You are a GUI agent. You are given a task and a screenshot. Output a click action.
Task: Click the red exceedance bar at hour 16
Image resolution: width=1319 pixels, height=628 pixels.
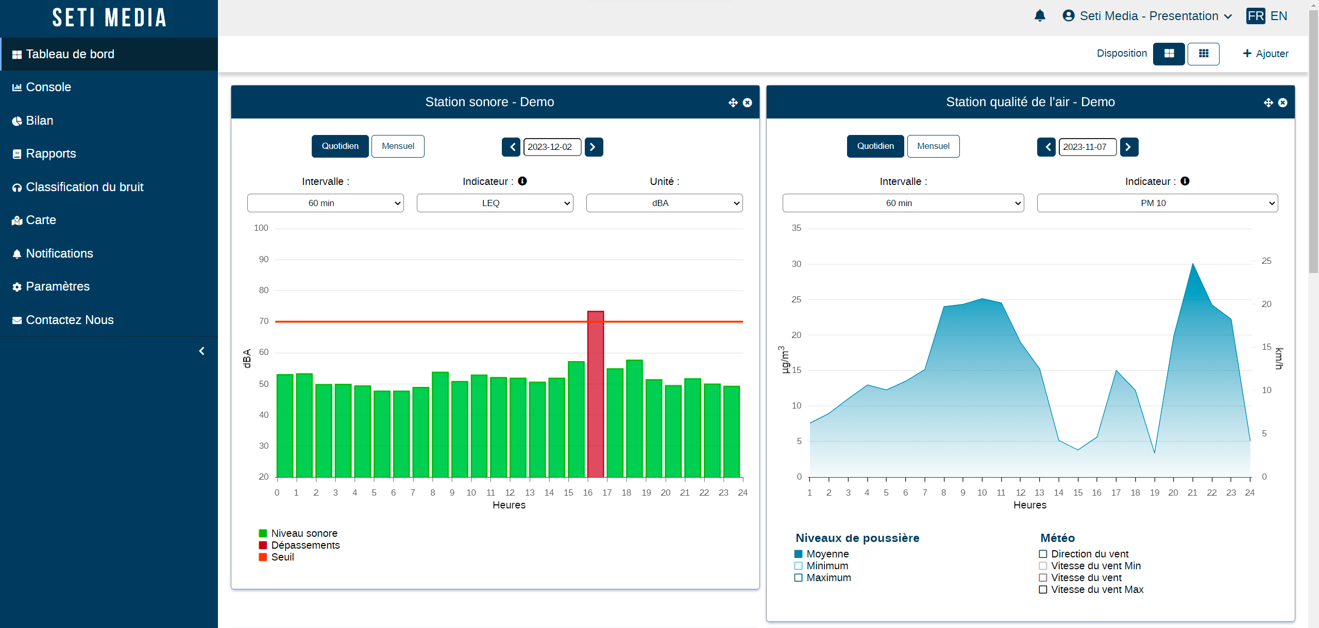596,394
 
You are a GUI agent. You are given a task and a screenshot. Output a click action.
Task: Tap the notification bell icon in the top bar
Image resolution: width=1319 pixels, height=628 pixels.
1040,16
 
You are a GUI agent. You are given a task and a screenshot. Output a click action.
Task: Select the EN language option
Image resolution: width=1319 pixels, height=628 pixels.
1279,16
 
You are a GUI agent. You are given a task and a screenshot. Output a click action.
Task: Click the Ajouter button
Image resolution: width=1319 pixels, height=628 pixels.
1265,54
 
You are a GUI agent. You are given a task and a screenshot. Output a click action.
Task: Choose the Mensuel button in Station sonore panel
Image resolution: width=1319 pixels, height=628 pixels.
398,146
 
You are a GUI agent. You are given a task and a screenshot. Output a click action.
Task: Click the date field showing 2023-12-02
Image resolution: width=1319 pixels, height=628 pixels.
552,147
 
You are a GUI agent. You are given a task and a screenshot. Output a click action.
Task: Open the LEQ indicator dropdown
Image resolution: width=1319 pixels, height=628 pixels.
495,203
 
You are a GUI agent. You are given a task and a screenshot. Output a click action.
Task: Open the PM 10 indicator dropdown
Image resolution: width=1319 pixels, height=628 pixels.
1157,203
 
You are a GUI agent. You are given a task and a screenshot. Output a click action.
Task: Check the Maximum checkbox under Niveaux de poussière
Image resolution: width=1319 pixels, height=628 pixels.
799,578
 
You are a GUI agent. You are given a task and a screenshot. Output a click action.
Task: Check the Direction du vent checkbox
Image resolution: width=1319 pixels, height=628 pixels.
1043,554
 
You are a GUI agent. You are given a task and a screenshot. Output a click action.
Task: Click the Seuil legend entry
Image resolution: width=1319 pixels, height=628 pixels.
276,557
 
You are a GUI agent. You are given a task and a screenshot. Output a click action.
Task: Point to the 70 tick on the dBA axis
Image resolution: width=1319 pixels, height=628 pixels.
264,321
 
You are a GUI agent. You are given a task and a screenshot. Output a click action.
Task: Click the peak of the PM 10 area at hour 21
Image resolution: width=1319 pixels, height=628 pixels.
1192,264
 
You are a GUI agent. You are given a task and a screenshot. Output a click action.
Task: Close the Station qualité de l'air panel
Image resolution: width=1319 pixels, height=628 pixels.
1282,103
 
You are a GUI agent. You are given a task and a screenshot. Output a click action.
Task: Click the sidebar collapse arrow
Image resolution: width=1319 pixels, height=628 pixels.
202,351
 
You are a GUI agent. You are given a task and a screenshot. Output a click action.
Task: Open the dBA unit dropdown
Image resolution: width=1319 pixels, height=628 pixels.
664,203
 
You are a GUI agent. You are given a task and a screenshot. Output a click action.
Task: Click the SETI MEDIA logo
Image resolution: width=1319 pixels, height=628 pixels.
109,18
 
